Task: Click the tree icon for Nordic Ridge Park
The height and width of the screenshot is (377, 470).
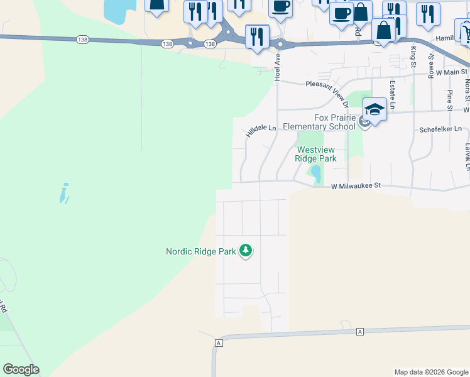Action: pyautogui.click(x=246, y=252)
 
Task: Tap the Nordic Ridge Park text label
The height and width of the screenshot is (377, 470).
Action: pyautogui.click(x=200, y=252)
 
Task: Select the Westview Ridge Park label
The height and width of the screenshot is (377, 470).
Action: pyautogui.click(x=316, y=154)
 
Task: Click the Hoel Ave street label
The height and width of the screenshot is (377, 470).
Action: pyautogui.click(x=277, y=66)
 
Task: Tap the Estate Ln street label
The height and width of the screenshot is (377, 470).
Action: pyautogui.click(x=391, y=95)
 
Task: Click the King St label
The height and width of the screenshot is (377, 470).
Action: pyautogui.click(x=413, y=57)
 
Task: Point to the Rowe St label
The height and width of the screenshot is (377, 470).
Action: pyautogui.click(x=432, y=65)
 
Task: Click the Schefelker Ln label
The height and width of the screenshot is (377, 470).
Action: pyautogui.click(x=440, y=129)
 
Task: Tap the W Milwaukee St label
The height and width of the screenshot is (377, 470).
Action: pyautogui.click(x=356, y=186)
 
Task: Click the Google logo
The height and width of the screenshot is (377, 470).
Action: pyautogui.click(x=21, y=369)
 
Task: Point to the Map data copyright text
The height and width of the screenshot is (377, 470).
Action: pyautogui.click(x=430, y=372)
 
